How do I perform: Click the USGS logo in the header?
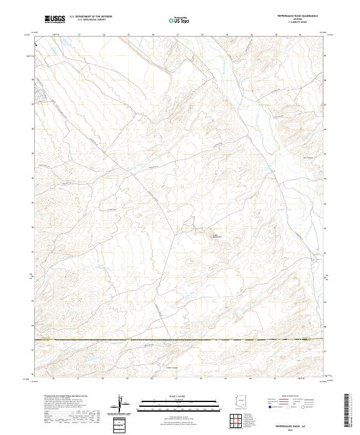(x=55, y=19)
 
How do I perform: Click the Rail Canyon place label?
(x=308, y=158)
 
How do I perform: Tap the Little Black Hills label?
(x=214, y=236)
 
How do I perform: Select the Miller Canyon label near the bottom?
(x=172, y=368)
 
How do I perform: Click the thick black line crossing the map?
(x=180, y=340)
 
